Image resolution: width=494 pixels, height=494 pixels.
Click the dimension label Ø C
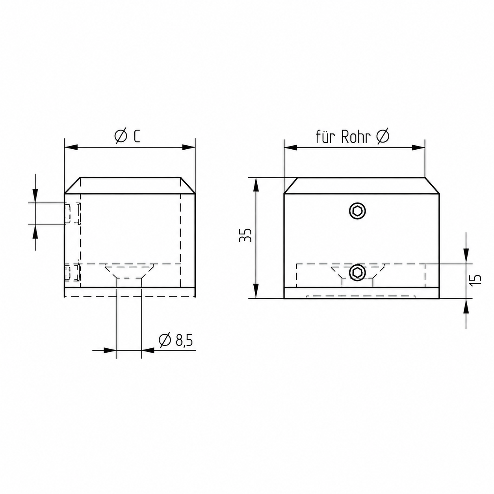tap(127, 136)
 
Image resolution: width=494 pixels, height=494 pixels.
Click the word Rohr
tap(357, 137)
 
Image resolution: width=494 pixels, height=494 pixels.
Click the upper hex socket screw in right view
tap(357, 211)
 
